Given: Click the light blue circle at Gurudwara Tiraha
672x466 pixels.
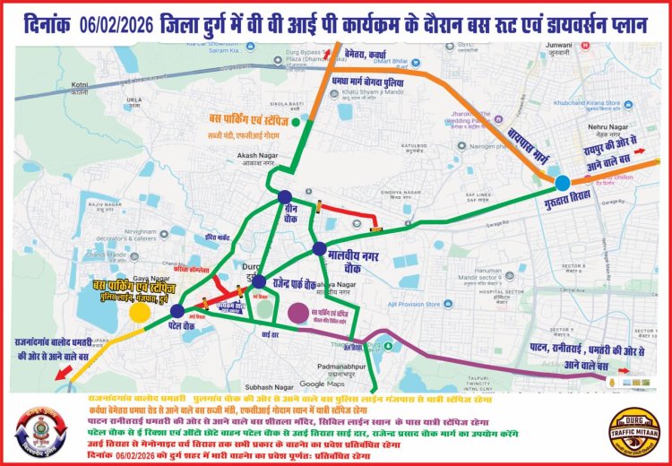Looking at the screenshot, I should pos(562,183).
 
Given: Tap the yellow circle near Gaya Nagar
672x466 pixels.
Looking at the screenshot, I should pos(140,312).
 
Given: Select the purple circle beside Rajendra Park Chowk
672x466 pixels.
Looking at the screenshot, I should pos(298,313).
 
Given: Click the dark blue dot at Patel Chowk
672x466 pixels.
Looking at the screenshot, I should pos(177,311).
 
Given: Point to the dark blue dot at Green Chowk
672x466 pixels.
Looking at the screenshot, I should pos(284,197).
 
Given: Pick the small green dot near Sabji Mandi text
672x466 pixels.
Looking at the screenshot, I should pos(307,119).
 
